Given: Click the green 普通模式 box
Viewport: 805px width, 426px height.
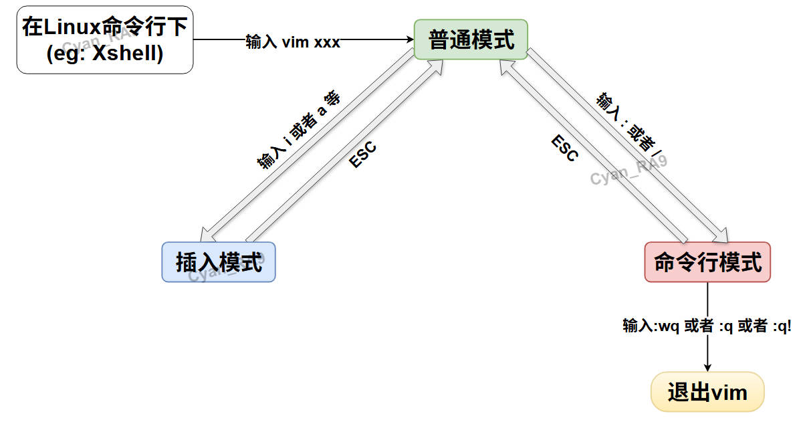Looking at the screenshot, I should (471, 39).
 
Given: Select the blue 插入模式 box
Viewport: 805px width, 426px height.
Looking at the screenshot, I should (219, 261).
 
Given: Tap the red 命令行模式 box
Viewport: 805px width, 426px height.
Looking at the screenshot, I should (707, 261).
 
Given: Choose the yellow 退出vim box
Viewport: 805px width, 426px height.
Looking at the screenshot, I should (707, 391).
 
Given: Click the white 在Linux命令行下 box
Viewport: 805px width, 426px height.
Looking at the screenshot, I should (105, 39).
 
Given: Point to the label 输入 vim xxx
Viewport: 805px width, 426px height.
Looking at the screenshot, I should (293, 42).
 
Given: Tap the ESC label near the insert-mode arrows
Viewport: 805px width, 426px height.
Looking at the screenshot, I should (362, 155).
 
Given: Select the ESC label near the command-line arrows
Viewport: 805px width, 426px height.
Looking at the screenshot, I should (564, 148).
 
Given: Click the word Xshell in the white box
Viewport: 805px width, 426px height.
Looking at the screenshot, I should (128, 54).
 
